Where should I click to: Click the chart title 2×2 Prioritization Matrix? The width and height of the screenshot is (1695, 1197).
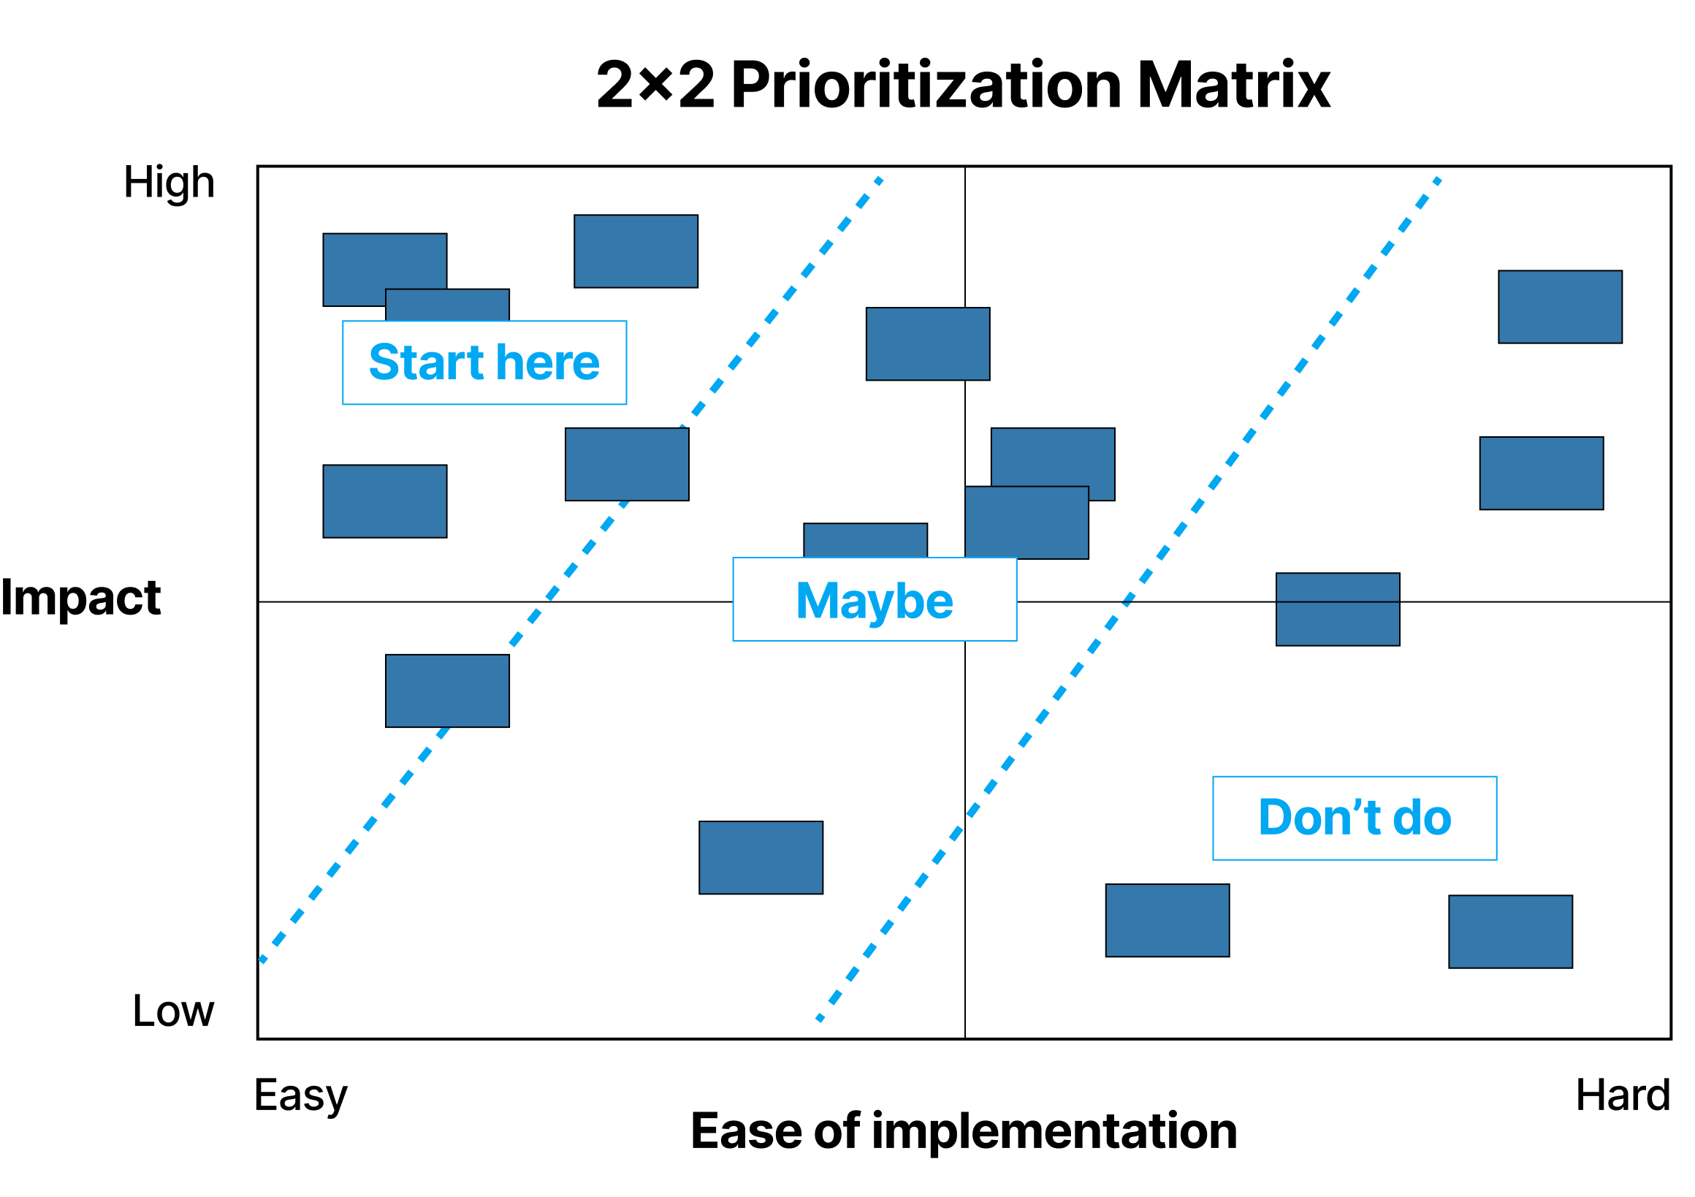click(x=964, y=85)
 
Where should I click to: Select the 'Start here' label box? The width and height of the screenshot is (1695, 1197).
click(x=484, y=362)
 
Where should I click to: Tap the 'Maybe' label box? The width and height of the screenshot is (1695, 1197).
click(x=875, y=599)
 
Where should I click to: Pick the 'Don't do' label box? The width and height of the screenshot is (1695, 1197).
click(x=1355, y=818)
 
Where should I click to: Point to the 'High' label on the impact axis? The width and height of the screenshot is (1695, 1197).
click(x=169, y=183)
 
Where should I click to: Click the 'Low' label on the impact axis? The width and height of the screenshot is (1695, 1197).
click(x=173, y=1011)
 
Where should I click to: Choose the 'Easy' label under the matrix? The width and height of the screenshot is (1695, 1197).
click(x=300, y=1096)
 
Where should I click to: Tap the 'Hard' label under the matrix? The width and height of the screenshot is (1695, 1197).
click(x=1623, y=1095)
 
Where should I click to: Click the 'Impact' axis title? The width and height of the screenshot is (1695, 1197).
click(x=80, y=597)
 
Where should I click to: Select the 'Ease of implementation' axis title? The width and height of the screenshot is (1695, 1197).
click(x=964, y=1131)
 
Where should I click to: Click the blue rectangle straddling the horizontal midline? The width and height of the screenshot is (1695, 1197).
click(x=1338, y=609)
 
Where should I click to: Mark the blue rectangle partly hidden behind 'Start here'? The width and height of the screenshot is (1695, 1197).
click(x=447, y=305)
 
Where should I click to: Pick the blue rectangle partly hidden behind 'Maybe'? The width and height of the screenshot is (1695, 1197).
click(x=865, y=541)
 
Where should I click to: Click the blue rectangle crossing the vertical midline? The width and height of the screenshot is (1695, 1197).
click(x=928, y=344)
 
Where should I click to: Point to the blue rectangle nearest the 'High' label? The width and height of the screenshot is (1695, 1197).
click(x=384, y=270)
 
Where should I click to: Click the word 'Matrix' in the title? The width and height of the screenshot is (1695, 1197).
click(x=1233, y=85)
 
